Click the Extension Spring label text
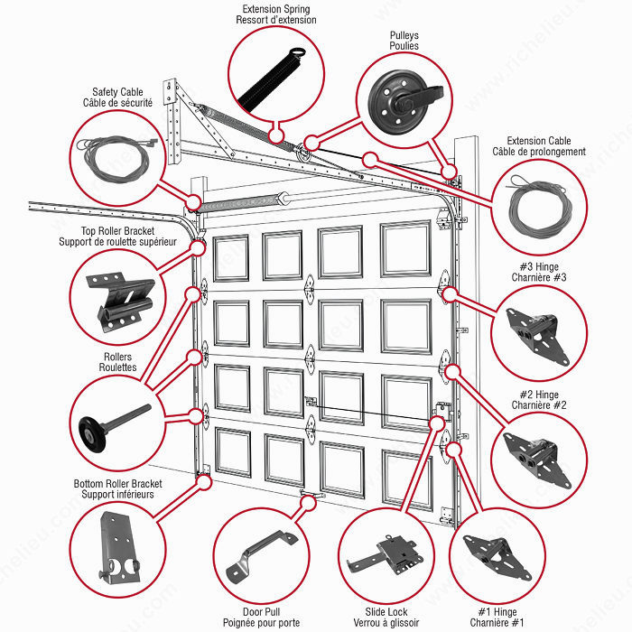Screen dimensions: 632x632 276,9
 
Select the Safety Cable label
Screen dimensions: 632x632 117,92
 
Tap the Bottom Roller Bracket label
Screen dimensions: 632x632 117,489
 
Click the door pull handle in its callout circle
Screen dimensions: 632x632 261,556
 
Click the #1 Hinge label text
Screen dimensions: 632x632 497,612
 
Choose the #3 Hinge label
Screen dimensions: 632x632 539,267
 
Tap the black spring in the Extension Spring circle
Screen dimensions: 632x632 271,80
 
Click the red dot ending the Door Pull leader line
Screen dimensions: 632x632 309,503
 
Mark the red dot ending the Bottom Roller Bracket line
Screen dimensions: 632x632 204,482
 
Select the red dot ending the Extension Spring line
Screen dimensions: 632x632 276,135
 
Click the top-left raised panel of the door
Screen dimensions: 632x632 231,258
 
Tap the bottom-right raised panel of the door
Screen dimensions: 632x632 407,479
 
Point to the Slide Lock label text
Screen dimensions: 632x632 386,612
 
